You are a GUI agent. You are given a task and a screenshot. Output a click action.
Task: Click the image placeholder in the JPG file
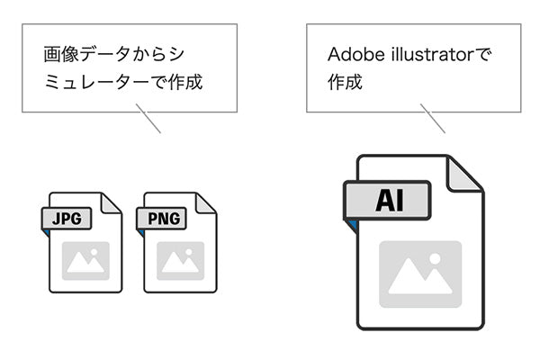click(86, 260)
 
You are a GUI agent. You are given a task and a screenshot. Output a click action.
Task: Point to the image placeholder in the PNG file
click(180, 260)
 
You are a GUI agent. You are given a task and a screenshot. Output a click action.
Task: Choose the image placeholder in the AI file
click(419, 274)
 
